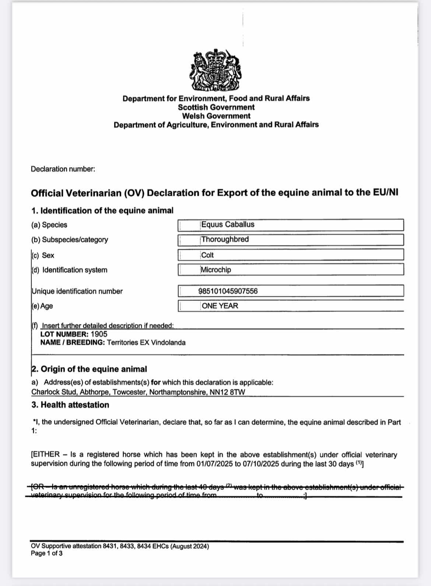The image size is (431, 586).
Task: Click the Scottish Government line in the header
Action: [x=216, y=107]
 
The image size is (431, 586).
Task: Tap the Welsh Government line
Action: [x=216, y=116]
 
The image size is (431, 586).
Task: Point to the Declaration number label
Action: [x=63, y=169]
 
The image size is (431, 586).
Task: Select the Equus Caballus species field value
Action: [x=228, y=225]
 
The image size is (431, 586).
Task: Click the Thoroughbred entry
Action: [x=225, y=239]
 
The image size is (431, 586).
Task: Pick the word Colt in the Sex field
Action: [x=207, y=255]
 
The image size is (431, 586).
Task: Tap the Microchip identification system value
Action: [x=216, y=270]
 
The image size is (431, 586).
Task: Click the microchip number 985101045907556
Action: [x=228, y=291]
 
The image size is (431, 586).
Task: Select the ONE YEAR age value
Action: [x=220, y=306]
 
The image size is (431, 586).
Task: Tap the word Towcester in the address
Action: [x=130, y=392]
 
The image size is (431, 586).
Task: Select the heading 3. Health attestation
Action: [x=70, y=405]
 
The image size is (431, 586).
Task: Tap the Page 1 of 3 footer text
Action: [x=47, y=553]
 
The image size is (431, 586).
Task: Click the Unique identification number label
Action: [x=77, y=291]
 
